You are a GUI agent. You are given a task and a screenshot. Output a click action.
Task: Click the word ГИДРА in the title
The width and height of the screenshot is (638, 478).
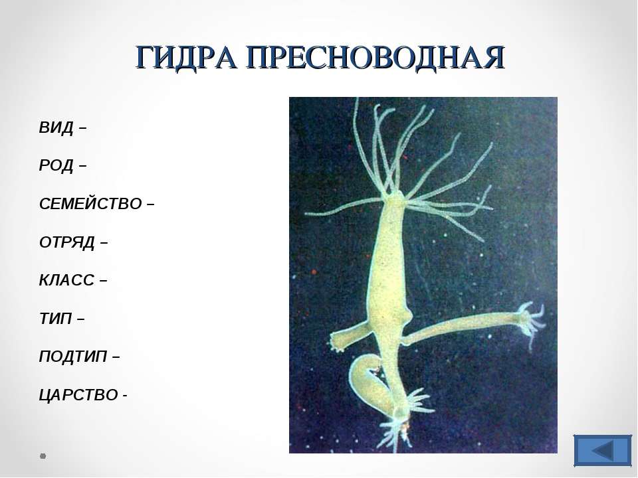click(x=185, y=57)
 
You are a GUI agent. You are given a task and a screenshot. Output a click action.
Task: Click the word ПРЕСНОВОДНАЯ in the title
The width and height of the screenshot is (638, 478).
click(x=375, y=57)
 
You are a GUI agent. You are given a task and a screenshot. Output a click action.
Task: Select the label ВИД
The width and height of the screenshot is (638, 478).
click(x=56, y=127)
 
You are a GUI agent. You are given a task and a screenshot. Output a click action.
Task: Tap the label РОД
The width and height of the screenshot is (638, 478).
click(x=56, y=165)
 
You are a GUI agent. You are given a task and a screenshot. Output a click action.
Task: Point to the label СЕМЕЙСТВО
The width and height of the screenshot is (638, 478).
click(x=90, y=204)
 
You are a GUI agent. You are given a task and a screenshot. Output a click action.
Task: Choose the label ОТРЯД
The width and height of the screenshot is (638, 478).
click(x=67, y=242)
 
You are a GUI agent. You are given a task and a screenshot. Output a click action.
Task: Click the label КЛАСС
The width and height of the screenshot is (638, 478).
click(x=66, y=280)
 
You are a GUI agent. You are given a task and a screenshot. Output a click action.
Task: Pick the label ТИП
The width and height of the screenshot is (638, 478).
click(x=55, y=318)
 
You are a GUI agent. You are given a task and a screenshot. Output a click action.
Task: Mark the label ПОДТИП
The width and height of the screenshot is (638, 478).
click(x=73, y=357)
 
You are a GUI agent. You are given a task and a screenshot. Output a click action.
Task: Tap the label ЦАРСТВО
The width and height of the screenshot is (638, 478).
click(x=78, y=394)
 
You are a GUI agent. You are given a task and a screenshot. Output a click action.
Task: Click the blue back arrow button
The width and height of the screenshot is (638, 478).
click(x=603, y=450)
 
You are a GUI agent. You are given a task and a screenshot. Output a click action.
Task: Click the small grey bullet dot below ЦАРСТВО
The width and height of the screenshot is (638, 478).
click(x=43, y=456)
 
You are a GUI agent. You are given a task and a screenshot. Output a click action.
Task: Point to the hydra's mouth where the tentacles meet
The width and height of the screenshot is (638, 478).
click(x=395, y=199)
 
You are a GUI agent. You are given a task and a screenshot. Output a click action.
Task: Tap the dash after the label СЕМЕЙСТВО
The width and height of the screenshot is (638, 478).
click(x=150, y=204)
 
